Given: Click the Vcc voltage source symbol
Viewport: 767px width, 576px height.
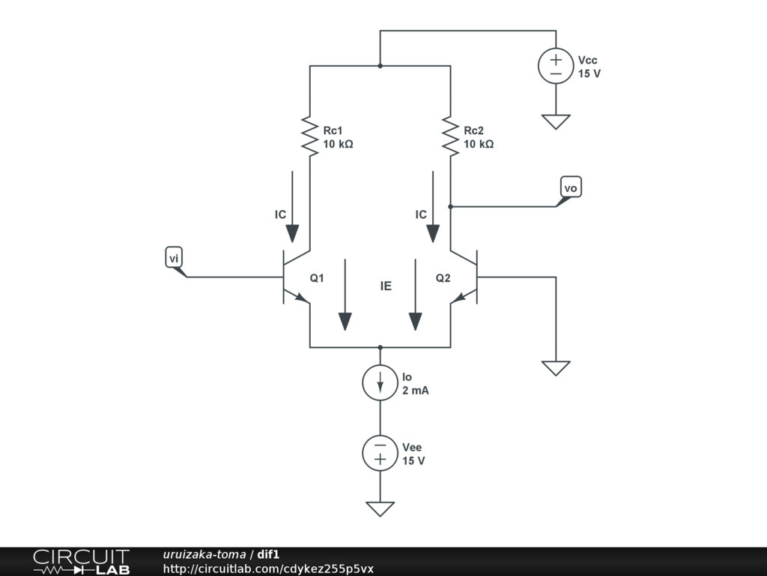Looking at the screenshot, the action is point(556,66).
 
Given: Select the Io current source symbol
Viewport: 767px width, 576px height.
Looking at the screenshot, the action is point(381,382).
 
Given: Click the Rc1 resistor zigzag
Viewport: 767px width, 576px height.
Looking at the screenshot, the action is point(310,136).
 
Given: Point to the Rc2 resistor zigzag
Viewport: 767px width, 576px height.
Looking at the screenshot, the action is point(450,136).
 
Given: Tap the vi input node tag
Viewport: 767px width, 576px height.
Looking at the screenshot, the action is point(174,259).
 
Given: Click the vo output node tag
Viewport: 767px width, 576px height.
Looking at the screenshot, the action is point(571,187).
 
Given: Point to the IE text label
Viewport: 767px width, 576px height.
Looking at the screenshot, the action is point(386,286).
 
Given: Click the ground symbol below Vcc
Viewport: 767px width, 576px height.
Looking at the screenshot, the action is point(556,121).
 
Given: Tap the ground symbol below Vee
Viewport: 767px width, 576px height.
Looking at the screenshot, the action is point(381,509).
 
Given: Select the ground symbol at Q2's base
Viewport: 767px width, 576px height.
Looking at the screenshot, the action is point(556,367).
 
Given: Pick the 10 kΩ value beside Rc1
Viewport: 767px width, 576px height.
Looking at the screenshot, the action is point(338,144).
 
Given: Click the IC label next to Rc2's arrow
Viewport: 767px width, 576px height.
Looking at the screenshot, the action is point(421,214).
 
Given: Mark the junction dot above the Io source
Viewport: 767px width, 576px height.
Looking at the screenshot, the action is point(381,347).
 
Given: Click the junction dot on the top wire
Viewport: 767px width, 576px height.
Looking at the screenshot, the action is point(381,66).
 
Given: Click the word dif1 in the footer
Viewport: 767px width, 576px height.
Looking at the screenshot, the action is point(268,555).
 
